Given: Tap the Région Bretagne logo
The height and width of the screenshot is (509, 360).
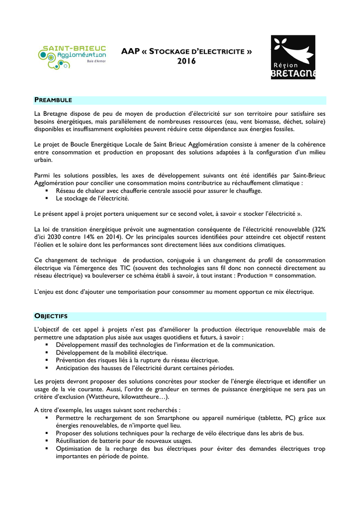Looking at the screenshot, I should click(x=292, y=57).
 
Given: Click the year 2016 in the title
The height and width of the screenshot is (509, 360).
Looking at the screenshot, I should click(x=187, y=61).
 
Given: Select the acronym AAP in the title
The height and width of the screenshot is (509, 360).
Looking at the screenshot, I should click(x=131, y=51).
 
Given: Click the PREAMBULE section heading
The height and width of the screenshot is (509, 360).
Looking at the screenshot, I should click(x=54, y=100).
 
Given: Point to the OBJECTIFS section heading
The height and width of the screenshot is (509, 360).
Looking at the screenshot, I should click(x=51, y=316).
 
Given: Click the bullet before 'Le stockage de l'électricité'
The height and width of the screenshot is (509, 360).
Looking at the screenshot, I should click(x=46, y=198).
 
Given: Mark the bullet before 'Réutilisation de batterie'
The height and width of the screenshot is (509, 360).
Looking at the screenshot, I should click(x=46, y=441).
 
